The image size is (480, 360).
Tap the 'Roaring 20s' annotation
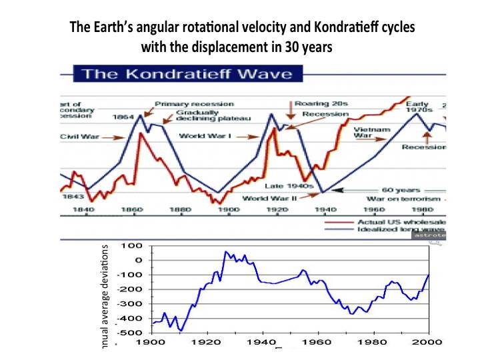point(316,104)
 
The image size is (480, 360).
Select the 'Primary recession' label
point(194,104)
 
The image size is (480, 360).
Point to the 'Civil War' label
point(79,139)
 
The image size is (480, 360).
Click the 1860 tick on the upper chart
point(131,209)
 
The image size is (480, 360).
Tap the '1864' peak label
point(123,117)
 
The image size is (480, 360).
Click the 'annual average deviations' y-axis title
point(104,297)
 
